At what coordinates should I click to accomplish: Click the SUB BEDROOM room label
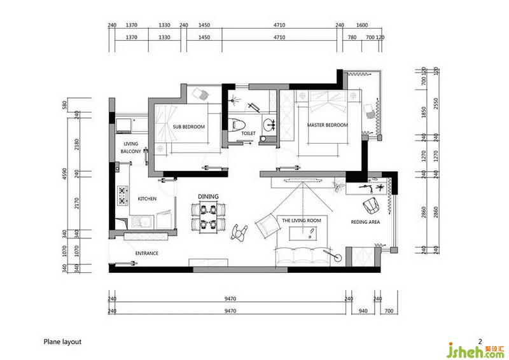pyautogui.click(x=188, y=127)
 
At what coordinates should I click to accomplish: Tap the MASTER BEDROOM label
pyautogui.click(x=327, y=125)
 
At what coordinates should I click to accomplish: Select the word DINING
pyautogui.click(x=209, y=197)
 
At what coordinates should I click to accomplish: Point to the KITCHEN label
pyautogui.click(x=147, y=198)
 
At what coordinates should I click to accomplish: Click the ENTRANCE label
pyautogui.click(x=147, y=253)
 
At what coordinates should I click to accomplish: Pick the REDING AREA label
pyautogui.click(x=365, y=222)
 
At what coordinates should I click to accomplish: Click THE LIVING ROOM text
pyautogui.click(x=301, y=221)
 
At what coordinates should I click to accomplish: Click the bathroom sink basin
pyautogui.click(x=269, y=124)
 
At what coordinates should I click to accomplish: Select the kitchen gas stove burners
pyautogui.click(x=123, y=195)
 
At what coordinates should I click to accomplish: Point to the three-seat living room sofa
pyautogui.click(x=302, y=256)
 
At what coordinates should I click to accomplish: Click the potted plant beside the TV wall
pyautogui.click(x=338, y=186)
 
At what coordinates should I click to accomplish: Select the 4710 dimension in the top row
pyautogui.click(x=279, y=25)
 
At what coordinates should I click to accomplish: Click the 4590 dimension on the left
pyautogui.click(x=64, y=174)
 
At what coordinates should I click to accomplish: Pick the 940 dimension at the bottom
pyautogui.click(x=363, y=311)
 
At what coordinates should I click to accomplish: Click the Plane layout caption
pyautogui.click(x=62, y=342)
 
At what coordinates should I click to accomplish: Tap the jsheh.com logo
pyautogui.click(x=475, y=350)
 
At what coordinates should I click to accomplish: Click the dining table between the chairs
pyautogui.click(x=208, y=216)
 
